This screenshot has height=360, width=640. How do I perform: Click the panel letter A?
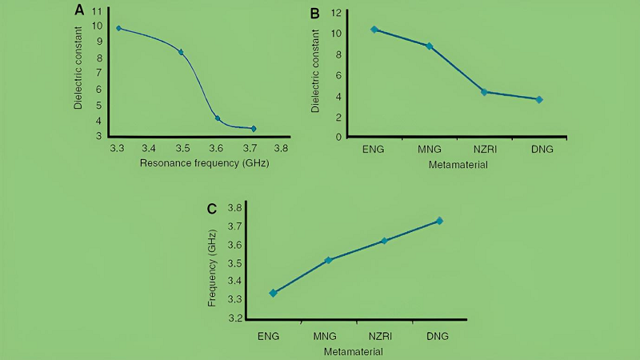pos(78,10)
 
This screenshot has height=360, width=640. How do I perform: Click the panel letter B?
pos(315,13)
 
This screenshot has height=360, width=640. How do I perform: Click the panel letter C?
pos(212,210)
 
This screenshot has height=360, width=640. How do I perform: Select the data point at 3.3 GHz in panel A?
pos(118,28)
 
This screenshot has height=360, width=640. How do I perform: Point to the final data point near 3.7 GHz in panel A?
pos(254,128)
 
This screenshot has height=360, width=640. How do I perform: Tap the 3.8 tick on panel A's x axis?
pos(281,148)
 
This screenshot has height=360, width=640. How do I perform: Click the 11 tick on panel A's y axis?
pos(97,11)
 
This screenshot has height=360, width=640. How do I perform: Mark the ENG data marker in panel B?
pos(374,30)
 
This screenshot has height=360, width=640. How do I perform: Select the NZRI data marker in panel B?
pos(484,92)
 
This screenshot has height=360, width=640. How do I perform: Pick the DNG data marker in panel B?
pos(539,99)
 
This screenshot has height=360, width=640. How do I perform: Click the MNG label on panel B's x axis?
pos(429,149)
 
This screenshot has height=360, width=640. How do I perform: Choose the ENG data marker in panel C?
pos(274,293)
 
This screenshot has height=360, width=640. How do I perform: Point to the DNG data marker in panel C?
pos(439,221)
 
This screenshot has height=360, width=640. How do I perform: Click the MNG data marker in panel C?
pos(328,260)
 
